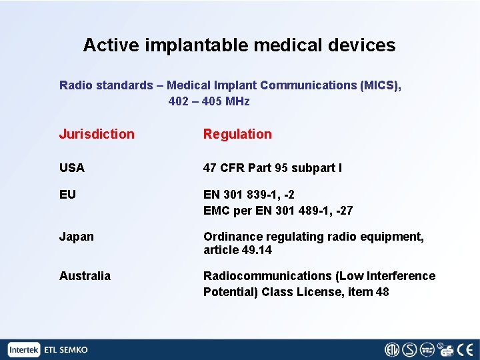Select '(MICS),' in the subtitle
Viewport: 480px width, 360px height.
point(381,85)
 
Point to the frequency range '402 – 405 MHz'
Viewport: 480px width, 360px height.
point(209,101)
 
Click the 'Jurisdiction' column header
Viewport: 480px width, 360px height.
point(97,134)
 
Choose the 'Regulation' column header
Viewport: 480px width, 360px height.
point(237,134)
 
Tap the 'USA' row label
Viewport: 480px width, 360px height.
point(72,168)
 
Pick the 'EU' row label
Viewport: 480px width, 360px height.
point(67,195)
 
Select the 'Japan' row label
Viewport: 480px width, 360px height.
point(77,237)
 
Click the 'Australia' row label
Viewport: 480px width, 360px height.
point(85,276)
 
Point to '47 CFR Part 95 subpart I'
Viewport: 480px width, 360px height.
point(272,168)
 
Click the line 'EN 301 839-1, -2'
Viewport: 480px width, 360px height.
point(249,195)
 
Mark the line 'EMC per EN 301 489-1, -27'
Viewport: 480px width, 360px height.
point(278,211)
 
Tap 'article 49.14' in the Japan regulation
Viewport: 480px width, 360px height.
point(237,251)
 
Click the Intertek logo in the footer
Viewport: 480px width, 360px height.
point(24,350)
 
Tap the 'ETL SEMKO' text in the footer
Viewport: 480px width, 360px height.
point(65,350)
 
